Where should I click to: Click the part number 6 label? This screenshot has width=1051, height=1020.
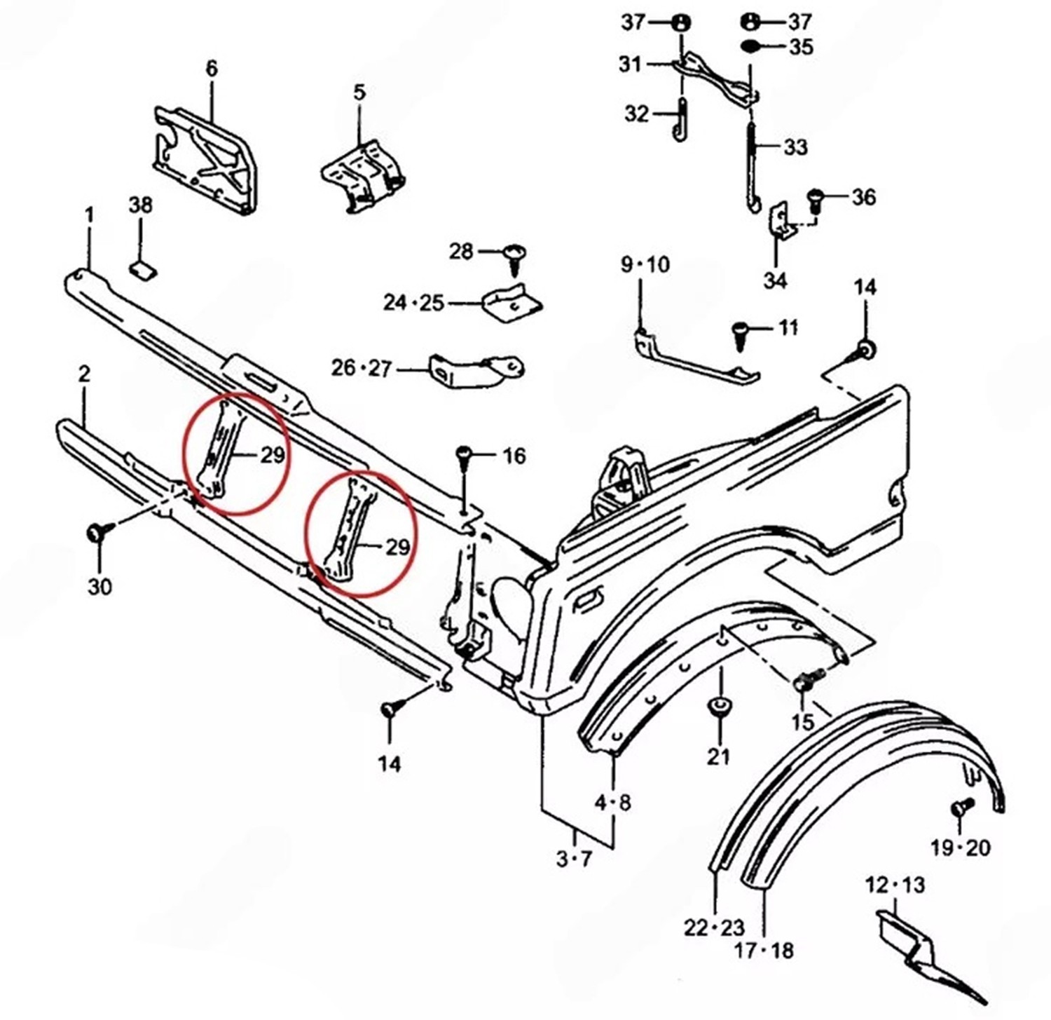click(x=212, y=68)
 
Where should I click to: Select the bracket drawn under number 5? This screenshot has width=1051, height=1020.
click(x=363, y=175)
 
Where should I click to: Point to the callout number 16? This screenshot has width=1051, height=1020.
click(x=514, y=456)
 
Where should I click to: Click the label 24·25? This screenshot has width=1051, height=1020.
click(x=413, y=303)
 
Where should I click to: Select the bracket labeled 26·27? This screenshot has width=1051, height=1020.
click(x=476, y=370)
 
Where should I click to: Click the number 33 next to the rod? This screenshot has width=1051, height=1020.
click(x=795, y=147)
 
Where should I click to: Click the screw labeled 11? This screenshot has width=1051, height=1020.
click(x=740, y=332)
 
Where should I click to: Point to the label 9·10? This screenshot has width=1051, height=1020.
click(x=645, y=265)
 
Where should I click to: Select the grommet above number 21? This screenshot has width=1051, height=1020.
click(x=718, y=705)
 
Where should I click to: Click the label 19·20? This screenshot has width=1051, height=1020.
click(x=960, y=848)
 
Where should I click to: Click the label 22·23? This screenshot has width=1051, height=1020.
click(x=714, y=928)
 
